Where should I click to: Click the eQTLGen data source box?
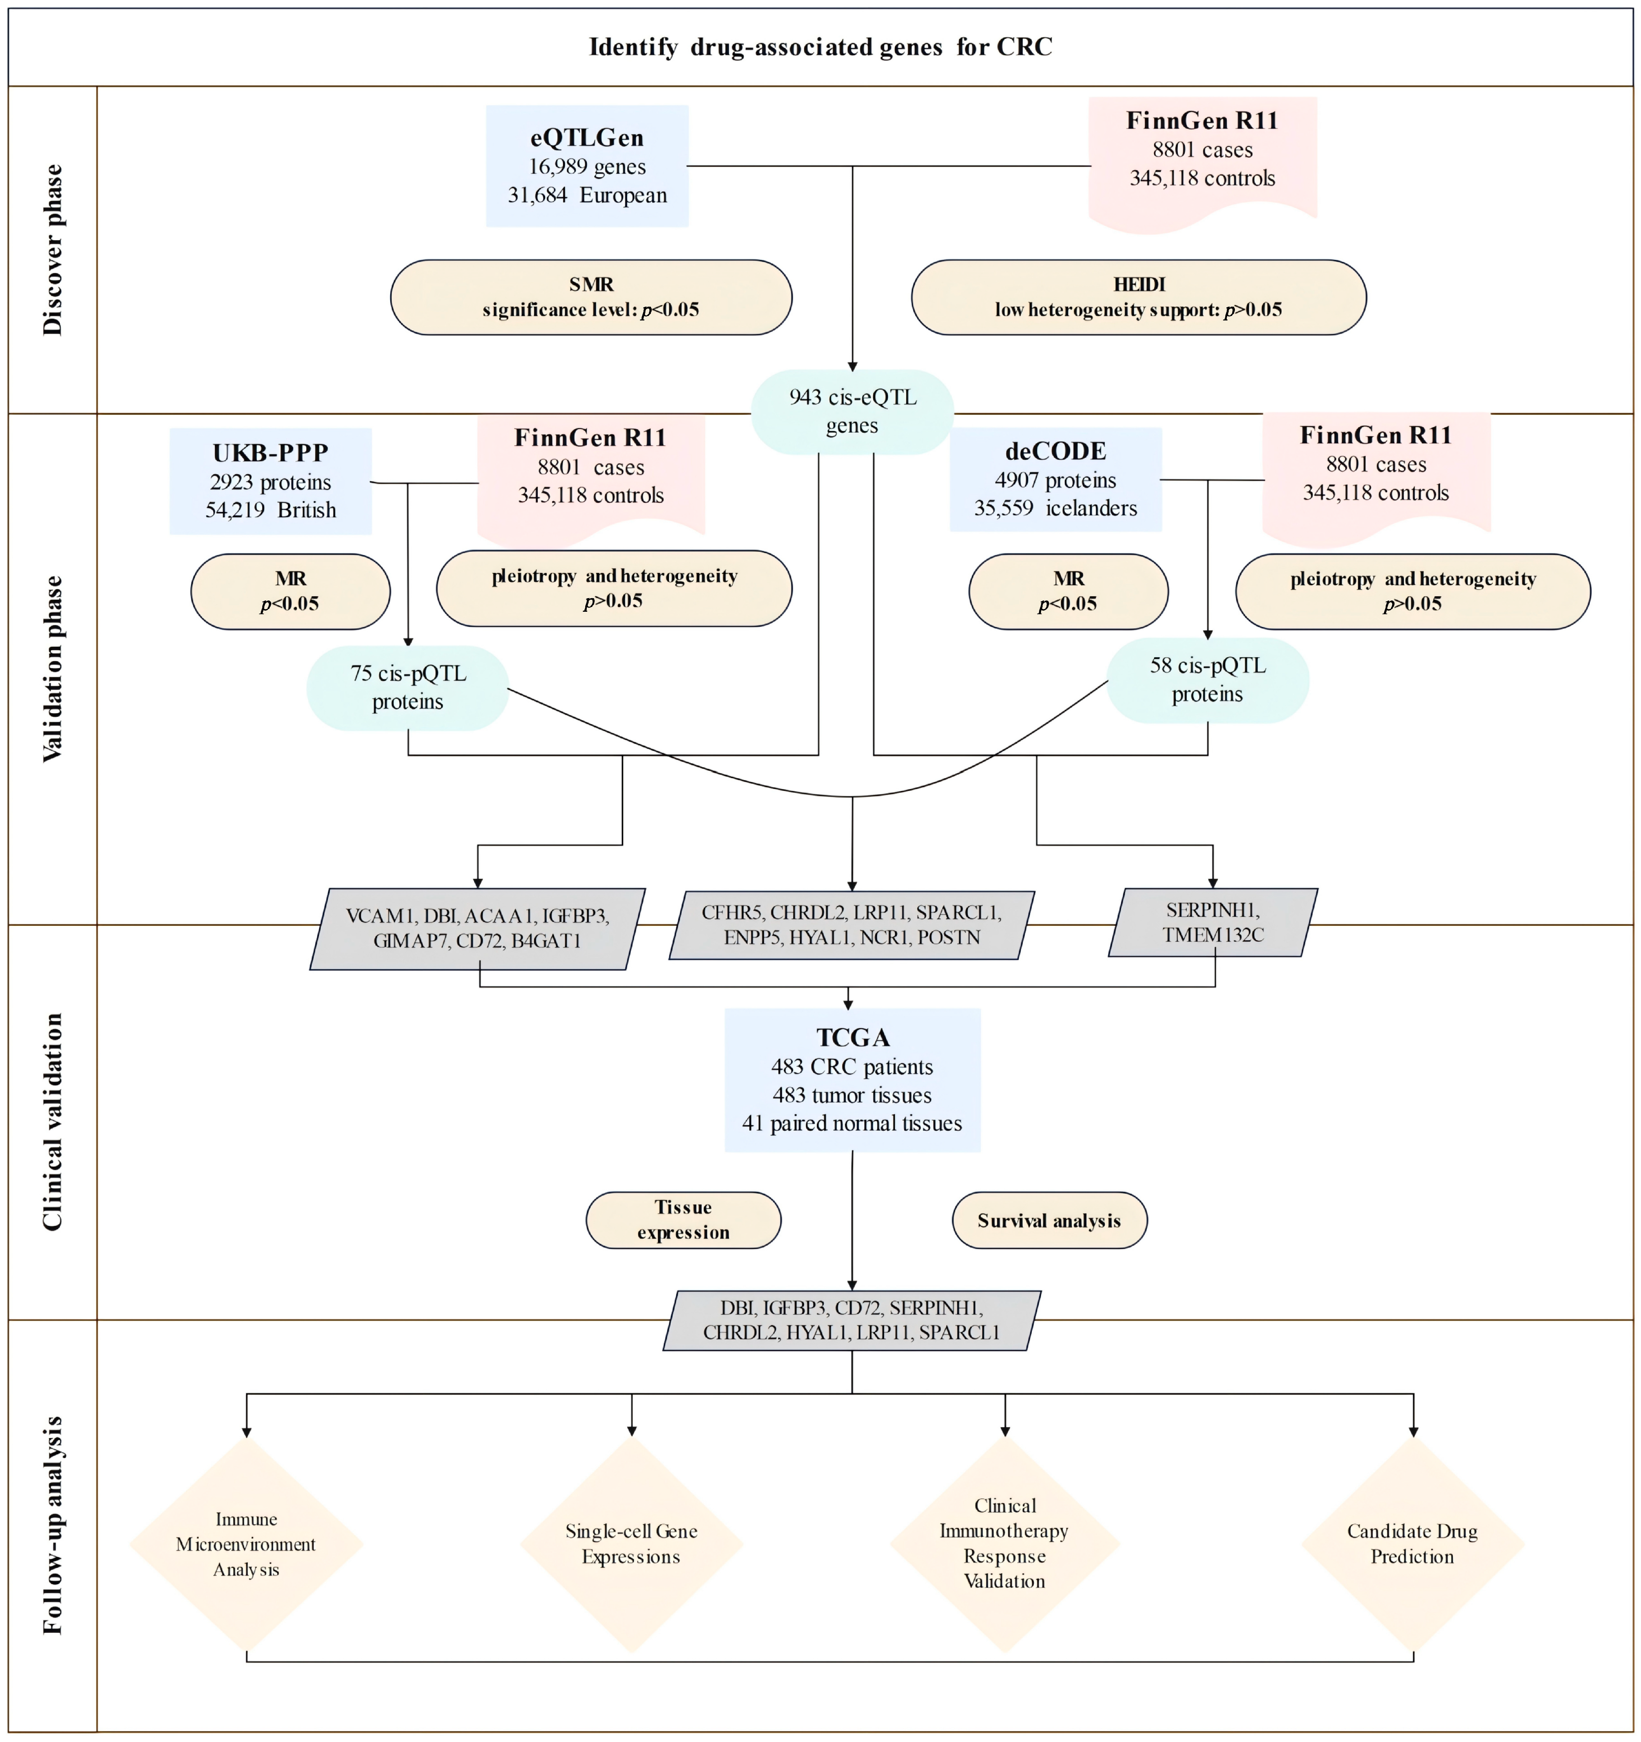click(x=587, y=166)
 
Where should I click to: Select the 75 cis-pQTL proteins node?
click(x=407, y=688)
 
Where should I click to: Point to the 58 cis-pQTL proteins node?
click(x=1207, y=680)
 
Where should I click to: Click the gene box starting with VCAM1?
click(x=478, y=929)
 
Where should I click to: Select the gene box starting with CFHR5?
click(x=852, y=925)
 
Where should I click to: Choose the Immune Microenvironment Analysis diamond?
click(x=246, y=1544)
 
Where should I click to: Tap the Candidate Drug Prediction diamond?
click(x=1413, y=1544)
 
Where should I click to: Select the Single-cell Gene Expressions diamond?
click(x=632, y=1544)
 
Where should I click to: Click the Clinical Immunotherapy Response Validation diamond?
click(x=1005, y=1544)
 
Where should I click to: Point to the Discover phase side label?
click(x=52, y=250)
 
